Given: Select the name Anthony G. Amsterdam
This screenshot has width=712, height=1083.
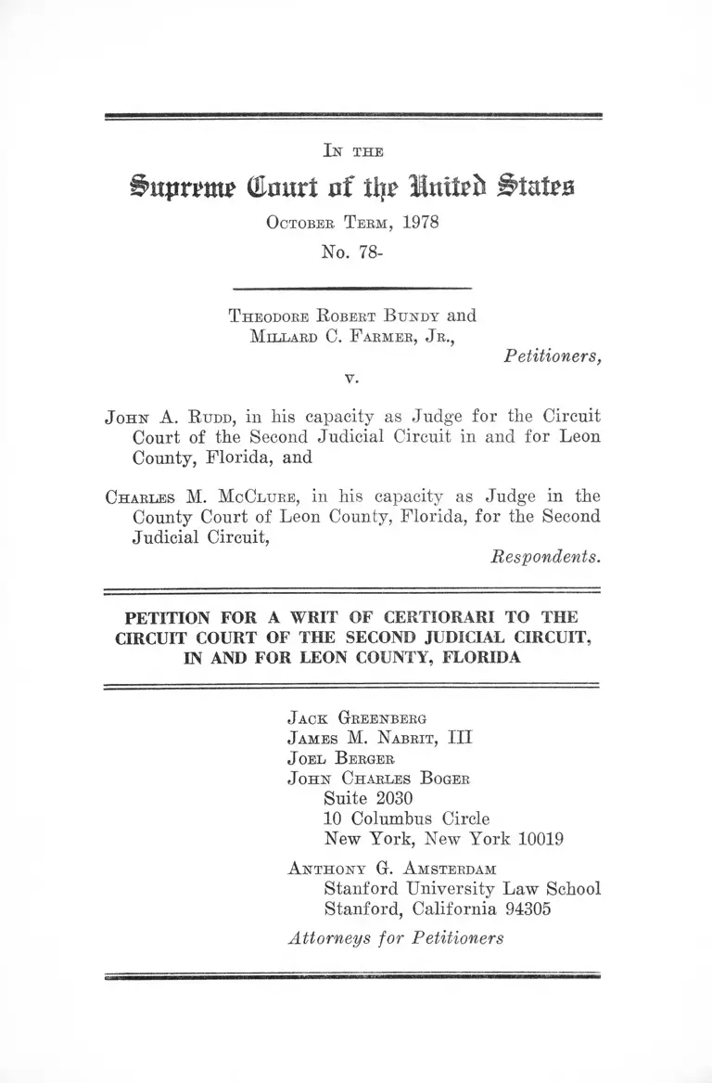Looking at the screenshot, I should coord(392,869).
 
